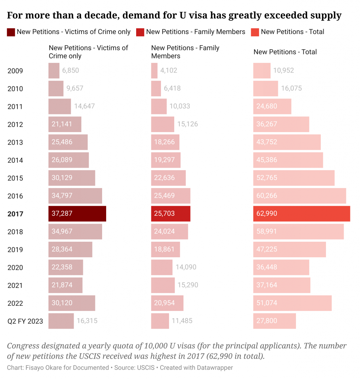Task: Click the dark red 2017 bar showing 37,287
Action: point(77,214)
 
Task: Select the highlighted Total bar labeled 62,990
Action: point(301,214)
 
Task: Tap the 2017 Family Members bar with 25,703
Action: point(171,214)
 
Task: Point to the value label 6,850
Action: point(70,71)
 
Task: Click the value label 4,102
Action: point(169,71)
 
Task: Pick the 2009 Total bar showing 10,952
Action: point(262,71)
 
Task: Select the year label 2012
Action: point(15,124)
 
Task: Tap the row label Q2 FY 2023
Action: point(25,321)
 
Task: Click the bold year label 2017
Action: point(15,214)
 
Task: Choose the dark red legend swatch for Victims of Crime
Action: point(11,32)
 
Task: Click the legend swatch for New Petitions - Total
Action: point(255,32)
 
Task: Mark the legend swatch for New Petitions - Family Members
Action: point(140,32)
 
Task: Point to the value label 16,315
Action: point(87,321)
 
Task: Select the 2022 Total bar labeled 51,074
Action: point(292,303)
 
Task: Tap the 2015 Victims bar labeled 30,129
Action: point(72,178)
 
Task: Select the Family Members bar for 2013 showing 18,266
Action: point(165,142)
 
